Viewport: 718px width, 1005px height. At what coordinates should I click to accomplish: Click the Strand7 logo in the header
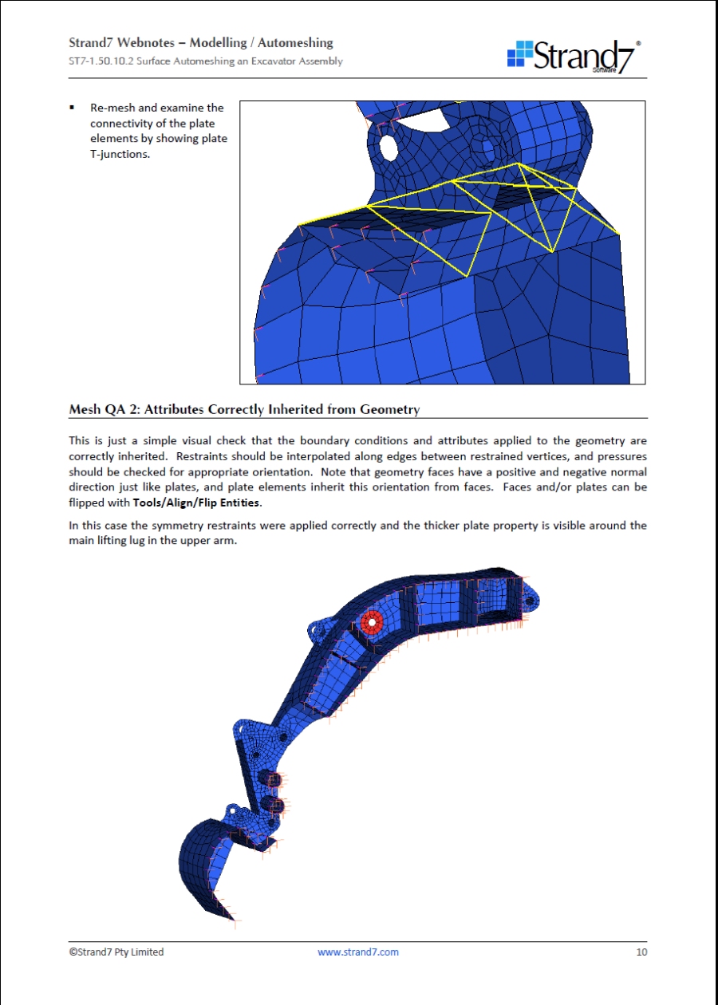[574, 55]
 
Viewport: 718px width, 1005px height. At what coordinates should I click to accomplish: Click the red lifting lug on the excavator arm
[371, 622]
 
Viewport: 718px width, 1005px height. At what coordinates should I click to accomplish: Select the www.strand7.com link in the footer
[358, 952]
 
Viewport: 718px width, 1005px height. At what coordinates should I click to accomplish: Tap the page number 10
[641, 952]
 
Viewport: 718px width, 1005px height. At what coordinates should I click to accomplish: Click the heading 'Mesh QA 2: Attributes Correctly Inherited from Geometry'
[244, 410]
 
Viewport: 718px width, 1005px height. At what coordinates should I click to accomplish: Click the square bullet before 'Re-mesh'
[72, 107]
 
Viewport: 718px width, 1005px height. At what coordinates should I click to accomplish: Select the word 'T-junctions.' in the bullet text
[120, 154]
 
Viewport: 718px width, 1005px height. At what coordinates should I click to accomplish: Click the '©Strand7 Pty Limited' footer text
[116, 952]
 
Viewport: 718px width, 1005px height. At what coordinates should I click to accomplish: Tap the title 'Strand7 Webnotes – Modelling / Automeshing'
[201, 43]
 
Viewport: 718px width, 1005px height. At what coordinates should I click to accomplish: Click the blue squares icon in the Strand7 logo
[519, 53]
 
